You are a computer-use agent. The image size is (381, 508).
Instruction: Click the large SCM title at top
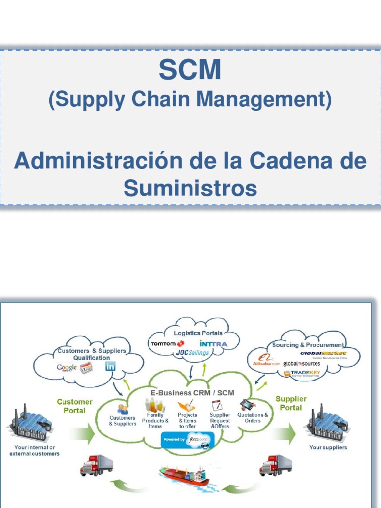coord(190,70)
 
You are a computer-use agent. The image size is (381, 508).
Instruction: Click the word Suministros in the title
coord(190,188)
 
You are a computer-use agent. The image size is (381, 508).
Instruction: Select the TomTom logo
coord(166,343)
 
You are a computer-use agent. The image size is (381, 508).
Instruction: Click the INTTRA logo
coord(213,343)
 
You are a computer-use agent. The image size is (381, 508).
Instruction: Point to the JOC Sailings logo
coord(192,352)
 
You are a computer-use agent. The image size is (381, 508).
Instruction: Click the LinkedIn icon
coord(110,367)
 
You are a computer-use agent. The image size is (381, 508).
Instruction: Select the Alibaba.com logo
coord(266,360)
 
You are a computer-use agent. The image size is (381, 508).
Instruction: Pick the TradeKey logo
coord(302,373)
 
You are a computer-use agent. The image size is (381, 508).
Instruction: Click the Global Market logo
coord(323,354)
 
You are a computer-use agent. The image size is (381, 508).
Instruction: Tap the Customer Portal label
coord(74,406)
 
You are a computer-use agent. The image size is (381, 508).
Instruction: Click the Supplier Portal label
coord(291,403)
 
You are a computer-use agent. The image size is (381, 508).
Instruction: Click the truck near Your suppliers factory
coord(275,465)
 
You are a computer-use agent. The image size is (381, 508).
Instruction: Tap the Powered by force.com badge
coord(188,440)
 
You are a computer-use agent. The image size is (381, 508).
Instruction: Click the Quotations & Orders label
coord(253,418)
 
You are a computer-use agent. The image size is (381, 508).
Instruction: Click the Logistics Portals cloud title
coord(198,333)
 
